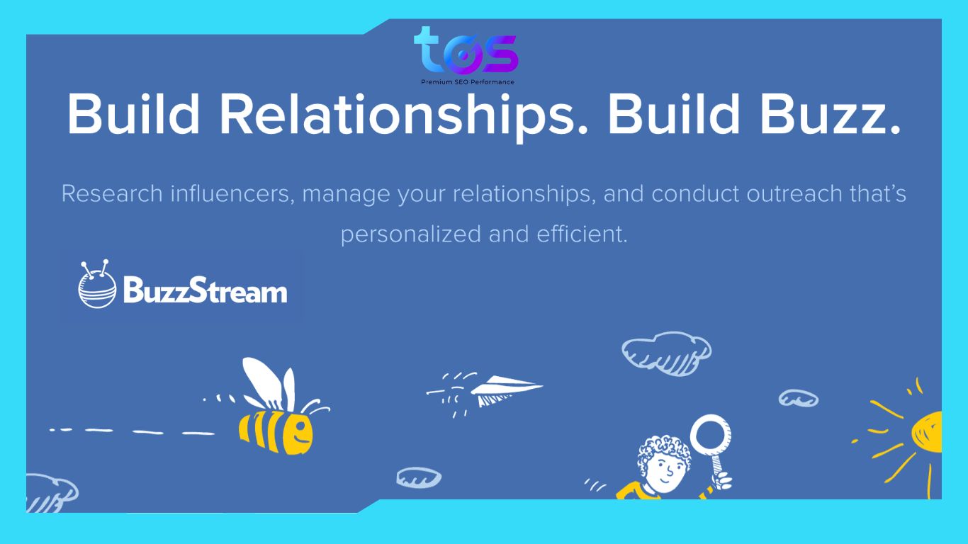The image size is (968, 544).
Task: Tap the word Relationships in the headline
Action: (402, 114)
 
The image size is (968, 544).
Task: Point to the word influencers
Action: (230, 193)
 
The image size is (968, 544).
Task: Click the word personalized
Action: (410, 234)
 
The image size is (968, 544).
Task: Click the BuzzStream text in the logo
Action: (205, 291)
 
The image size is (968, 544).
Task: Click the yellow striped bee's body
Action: (276, 429)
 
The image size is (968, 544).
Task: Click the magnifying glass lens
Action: (710, 432)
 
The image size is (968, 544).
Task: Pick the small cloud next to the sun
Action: (798, 398)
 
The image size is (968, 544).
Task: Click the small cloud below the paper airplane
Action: (418, 477)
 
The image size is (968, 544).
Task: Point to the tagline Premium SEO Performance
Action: (467, 82)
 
